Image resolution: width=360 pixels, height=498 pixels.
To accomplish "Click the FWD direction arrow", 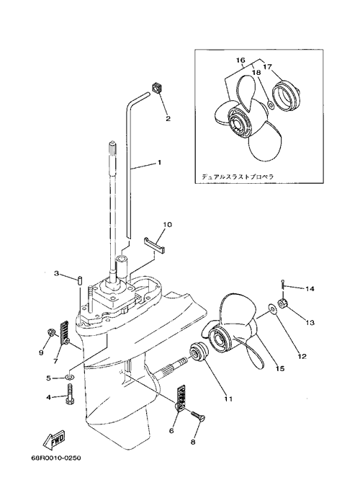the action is pyautogui.click(x=53, y=440).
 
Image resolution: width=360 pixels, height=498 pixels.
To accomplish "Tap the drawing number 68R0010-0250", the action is pyautogui.click(x=55, y=458).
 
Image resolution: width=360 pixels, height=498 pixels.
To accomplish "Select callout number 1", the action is pyautogui.click(x=159, y=162).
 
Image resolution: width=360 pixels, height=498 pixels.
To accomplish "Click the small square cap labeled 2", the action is pyautogui.click(x=156, y=87).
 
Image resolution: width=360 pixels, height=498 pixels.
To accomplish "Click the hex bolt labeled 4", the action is pyautogui.click(x=69, y=393).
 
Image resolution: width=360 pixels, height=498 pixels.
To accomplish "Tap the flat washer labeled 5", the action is pyautogui.click(x=69, y=378).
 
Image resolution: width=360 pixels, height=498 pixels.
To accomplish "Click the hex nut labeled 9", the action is pyautogui.click(x=51, y=332).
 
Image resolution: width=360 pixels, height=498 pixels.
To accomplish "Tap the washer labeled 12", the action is pyautogui.click(x=272, y=308).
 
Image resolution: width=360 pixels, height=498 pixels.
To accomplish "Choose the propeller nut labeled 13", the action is pyautogui.click(x=283, y=303).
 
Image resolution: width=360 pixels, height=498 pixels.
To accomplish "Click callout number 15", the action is pyautogui.click(x=280, y=368).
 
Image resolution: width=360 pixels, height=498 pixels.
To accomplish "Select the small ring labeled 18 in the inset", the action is pyautogui.click(x=271, y=105).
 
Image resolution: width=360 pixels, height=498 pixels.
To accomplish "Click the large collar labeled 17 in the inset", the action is pyautogui.click(x=287, y=94).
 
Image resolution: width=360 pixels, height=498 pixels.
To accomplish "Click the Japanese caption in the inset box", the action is pyautogui.click(x=238, y=177).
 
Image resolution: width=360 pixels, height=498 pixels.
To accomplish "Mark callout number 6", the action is pyautogui.click(x=171, y=431).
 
